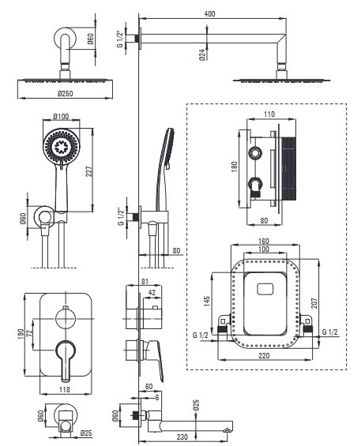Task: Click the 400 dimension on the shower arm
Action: pos(209,13)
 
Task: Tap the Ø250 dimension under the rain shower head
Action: pos(66,93)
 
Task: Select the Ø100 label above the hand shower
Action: pos(61,116)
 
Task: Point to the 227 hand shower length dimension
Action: pos(89,171)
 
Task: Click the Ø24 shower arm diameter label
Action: pos(202,54)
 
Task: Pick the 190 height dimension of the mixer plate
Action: pos(21,335)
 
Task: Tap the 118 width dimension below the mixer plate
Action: pos(64,389)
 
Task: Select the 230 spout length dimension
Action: pos(182,437)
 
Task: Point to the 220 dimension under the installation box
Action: pos(264,355)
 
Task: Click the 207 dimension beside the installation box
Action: pos(314,303)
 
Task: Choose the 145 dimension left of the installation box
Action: pos(207,302)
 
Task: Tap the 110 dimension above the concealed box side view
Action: pos(269,114)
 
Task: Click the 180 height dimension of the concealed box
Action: pos(234,167)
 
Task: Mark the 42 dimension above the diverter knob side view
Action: pos(152,293)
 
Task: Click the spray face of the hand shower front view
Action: pos(62,147)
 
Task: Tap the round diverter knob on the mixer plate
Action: pos(66,319)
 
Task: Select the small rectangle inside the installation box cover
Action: pos(265,289)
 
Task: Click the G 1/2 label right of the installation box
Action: pos(329,332)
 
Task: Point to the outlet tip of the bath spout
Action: pos(228,430)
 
